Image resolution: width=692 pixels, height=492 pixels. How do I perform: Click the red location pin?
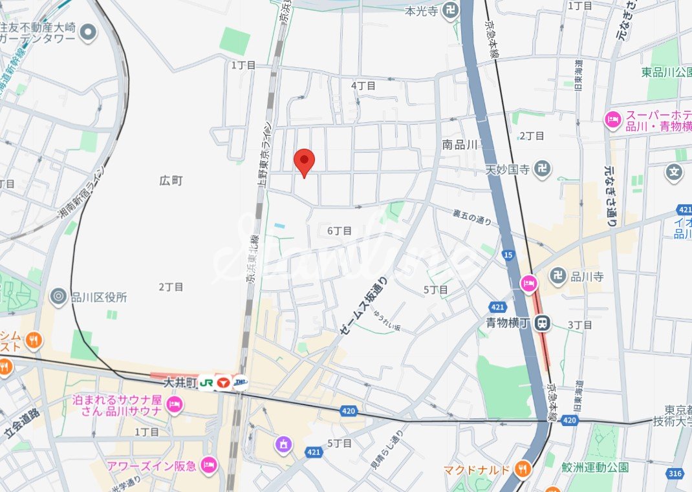click(x=304, y=160)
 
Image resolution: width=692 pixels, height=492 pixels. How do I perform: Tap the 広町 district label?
click(x=171, y=181)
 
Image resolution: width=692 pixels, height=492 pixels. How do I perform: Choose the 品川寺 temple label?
click(x=587, y=277)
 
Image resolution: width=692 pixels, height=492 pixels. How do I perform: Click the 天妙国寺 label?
click(x=508, y=169)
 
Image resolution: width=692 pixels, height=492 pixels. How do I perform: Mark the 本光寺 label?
click(x=422, y=11)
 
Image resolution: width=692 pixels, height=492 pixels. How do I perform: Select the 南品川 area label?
click(x=460, y=145)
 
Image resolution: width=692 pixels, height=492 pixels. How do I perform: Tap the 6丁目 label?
click(x=339, y=231)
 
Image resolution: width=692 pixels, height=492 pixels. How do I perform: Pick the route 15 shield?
click(x=508, y=256)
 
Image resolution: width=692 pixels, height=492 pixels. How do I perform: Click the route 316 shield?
click(x=675, y=474)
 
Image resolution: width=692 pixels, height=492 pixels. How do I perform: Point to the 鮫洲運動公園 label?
click(x=595, y=467)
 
